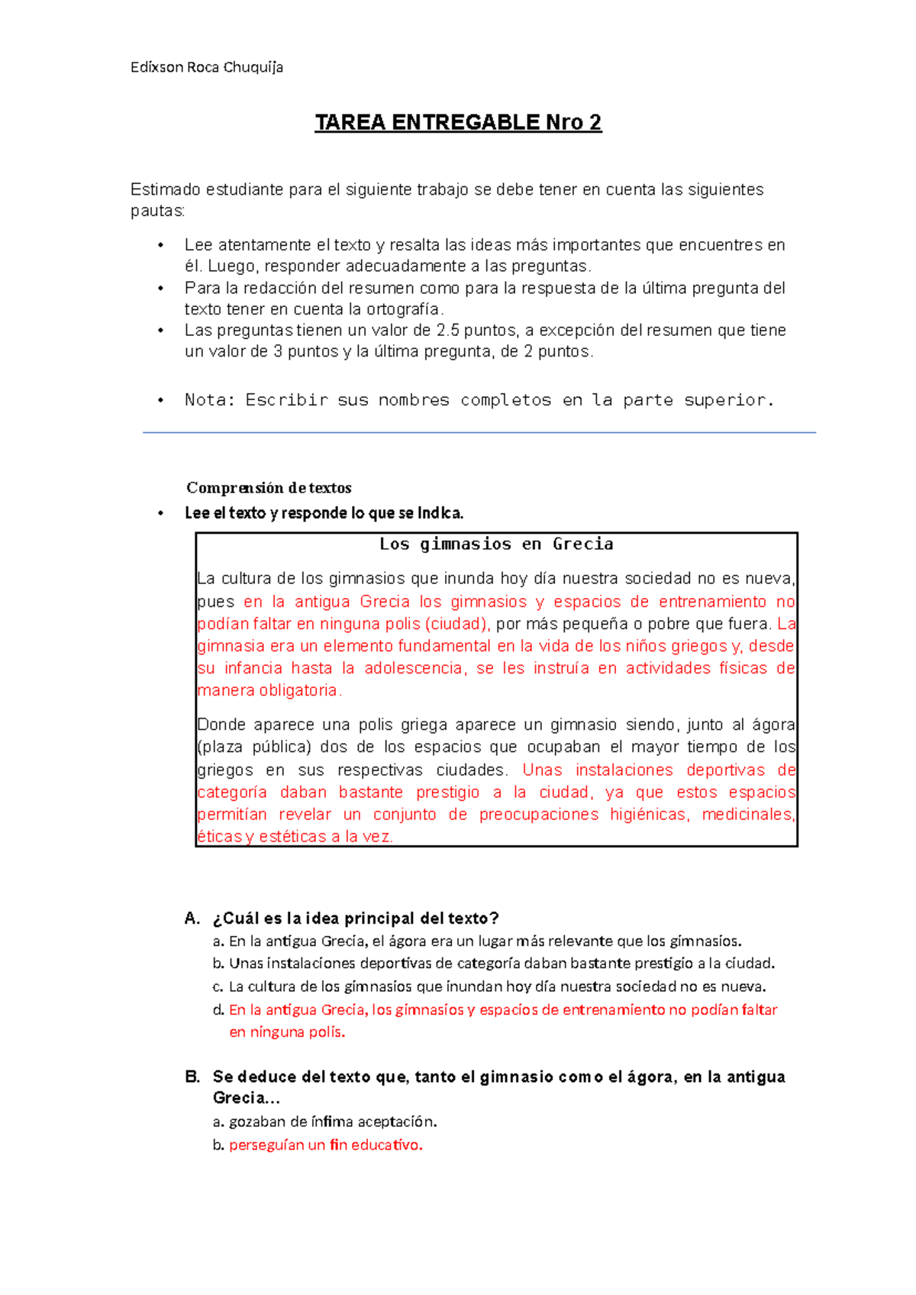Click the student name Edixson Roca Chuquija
pyautogui.click(x=206, y=67)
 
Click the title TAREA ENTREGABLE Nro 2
pyautogui.click(x=458, y=123)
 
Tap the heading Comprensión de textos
pyautogui.click(x=269, y=488)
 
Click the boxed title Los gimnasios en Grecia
pyautogui.click(x=496, y=544)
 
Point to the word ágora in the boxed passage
pyautogui.click(x=773, y=725)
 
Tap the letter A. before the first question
pyautogui.click(x=192, y=919)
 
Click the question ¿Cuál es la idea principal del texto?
pyautogui.click(x=356, y=919)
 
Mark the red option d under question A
pyautogui.click(x=502, y=1010)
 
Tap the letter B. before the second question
pyautogui.click(x=192, y=1077)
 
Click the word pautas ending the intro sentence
pyautogui.click(x=156, y=212)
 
